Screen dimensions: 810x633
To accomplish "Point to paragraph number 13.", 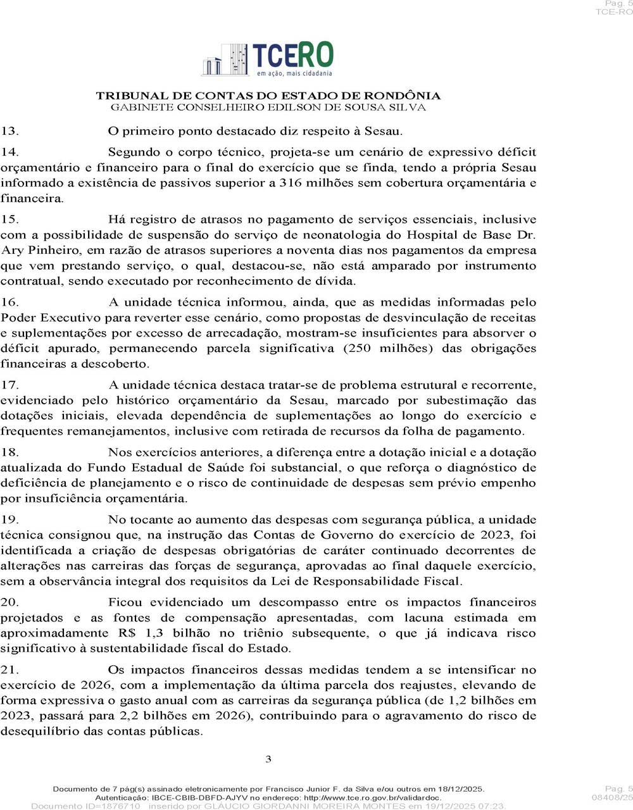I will [x=9, y=132].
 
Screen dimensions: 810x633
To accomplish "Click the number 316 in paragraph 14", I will [x=290, y=184].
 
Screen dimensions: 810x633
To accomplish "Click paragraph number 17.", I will [x=9, y=385].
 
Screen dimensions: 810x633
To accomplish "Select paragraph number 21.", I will [x=9, y=670].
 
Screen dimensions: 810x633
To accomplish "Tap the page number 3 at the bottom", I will [x=268, y=759].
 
